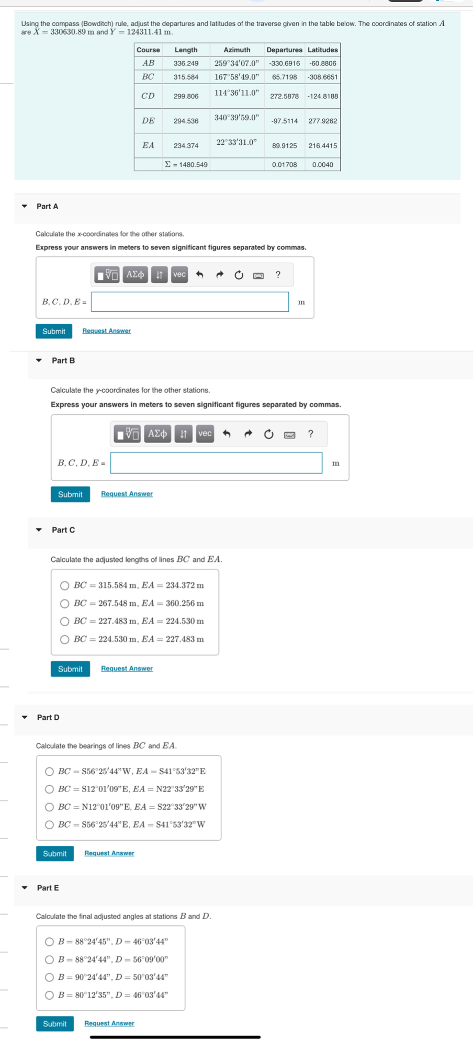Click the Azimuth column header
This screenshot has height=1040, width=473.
[x=236, y=50]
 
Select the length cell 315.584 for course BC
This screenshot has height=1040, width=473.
[x=186, y=77]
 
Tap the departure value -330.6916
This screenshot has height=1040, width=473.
[x=284, y=63]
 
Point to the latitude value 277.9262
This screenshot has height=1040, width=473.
[x=322, y=121]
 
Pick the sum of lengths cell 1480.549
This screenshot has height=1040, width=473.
[x=186, y=165]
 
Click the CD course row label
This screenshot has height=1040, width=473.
[x=148, y=96]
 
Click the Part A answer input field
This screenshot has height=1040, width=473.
[x=189, y=302]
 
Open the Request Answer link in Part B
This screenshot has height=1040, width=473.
[x=127, y=494]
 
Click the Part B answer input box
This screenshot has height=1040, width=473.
[x=216, y=463]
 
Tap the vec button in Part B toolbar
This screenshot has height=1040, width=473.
[x=205, y=434]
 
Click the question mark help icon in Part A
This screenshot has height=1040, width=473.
[x=278, y=275]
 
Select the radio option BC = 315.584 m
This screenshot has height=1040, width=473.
[x=64, y=585]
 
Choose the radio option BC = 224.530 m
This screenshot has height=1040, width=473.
[x=64, y=639]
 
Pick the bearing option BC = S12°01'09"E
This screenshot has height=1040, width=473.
[x=49, y=789]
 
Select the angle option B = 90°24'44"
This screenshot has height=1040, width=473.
[x=49, y=977]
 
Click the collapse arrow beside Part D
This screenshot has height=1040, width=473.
[x=25, y=717]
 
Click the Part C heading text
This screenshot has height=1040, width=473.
[x=63, y=530]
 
